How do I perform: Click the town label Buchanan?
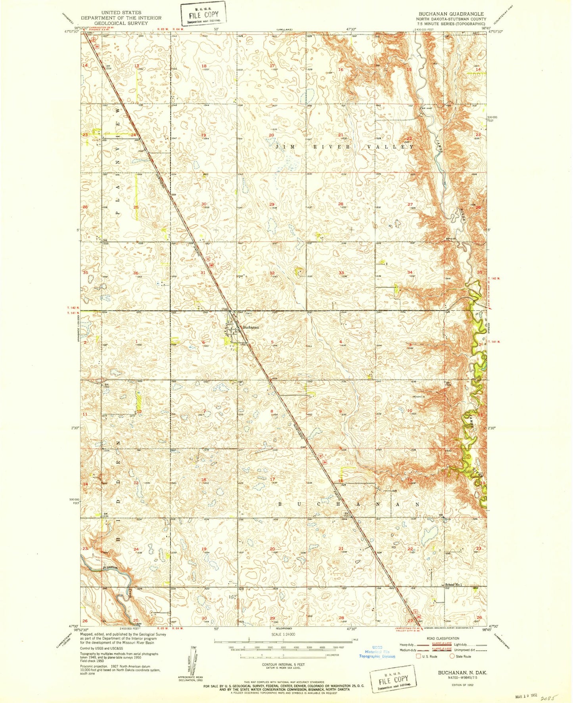pos(251,327)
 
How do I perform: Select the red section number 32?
pos(272,273)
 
